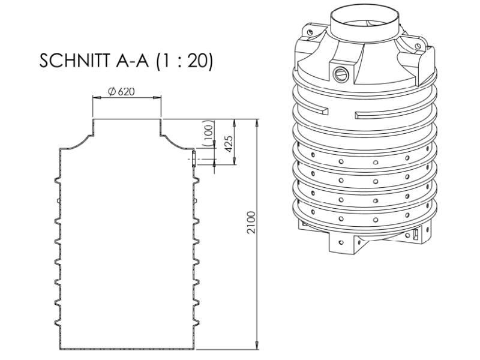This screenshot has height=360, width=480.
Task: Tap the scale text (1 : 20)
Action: click(182, 61)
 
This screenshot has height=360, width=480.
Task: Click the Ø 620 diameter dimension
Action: click(121, 91)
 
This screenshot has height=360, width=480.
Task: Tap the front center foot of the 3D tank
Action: click(344, 243)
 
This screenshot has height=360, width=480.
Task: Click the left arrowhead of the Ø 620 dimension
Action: click(95, 97)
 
